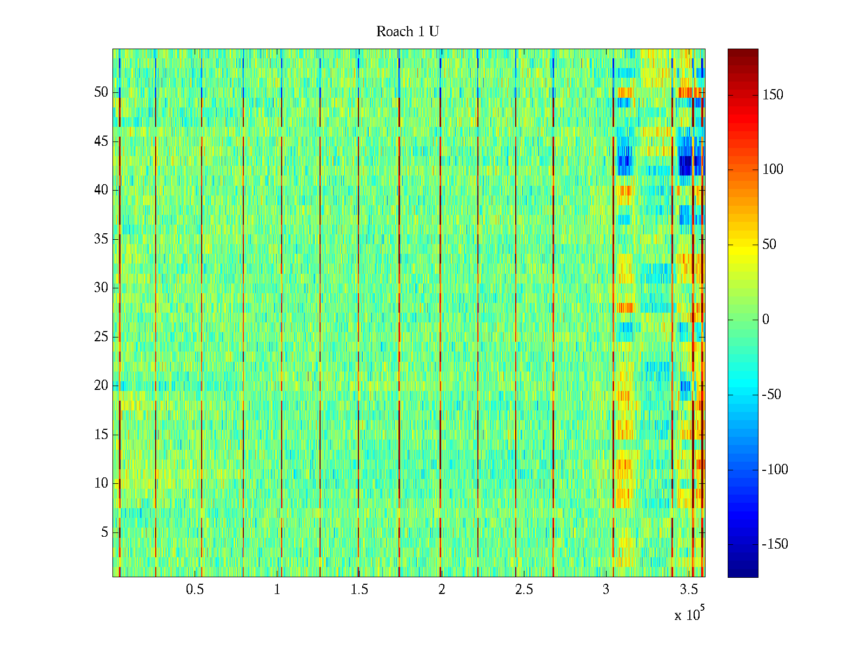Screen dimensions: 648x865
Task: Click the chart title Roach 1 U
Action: point(407,32)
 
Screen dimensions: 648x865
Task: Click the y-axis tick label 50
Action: point(101,92)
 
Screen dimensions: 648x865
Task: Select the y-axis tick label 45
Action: point(101,141)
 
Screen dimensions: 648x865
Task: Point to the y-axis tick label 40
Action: point(101,190)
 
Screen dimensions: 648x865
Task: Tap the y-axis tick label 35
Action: point(101,239)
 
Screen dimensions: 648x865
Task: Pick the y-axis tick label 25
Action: point(101,337)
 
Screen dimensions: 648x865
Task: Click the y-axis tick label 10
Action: point(101,483)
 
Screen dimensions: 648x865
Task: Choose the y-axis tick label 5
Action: point(104,532)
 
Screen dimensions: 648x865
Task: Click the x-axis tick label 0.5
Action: point(195,590)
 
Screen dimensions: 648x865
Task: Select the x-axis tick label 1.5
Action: point(359,590)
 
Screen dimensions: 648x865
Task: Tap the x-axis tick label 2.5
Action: point(524,590)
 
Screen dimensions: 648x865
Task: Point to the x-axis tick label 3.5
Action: point(688,590)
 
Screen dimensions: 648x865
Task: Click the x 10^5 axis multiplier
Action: point(689,614)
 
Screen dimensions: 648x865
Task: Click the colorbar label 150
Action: point(773,95)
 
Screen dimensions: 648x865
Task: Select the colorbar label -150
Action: point(775,544)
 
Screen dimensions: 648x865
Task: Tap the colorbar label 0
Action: point(766,320)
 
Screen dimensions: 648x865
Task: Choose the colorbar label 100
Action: point(773,170)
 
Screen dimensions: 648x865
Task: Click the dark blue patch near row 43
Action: point(686,164)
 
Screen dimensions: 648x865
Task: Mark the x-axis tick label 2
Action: point(442,590)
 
